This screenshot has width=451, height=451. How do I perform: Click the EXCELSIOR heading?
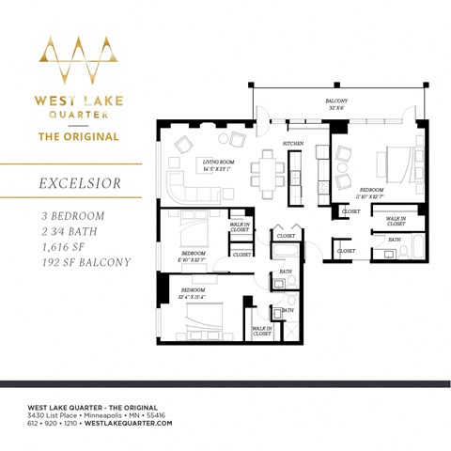tap(79, 183)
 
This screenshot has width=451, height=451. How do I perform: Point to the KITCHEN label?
tap(293, 142)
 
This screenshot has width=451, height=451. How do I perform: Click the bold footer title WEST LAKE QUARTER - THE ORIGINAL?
tap(89, 405)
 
